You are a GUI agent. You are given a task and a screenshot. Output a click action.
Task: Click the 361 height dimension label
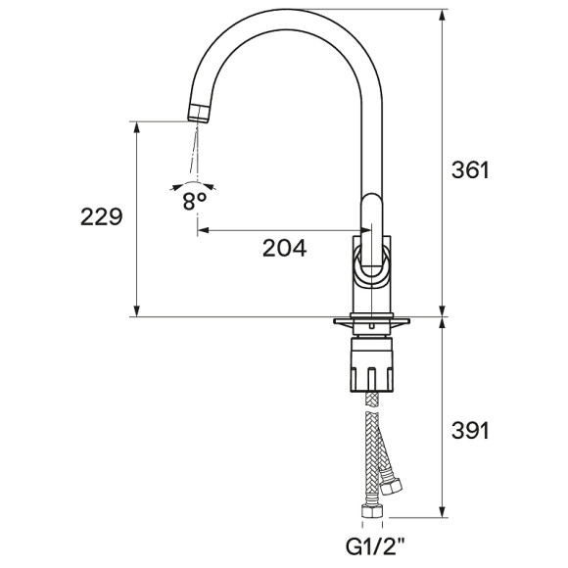469,169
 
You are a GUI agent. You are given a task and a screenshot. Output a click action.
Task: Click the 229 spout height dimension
101,217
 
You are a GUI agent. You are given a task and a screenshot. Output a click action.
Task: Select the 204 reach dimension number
284,248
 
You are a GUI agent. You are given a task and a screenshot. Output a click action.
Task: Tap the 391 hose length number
469,429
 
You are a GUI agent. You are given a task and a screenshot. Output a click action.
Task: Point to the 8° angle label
194,200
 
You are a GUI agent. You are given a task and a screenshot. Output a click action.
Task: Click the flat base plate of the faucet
371,321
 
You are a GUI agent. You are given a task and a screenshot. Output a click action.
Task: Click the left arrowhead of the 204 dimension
204,232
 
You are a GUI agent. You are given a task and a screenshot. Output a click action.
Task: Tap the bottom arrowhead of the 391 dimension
442,512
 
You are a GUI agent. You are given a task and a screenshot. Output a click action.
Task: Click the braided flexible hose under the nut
371,450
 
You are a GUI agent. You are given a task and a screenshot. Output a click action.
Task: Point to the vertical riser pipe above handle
371,147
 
